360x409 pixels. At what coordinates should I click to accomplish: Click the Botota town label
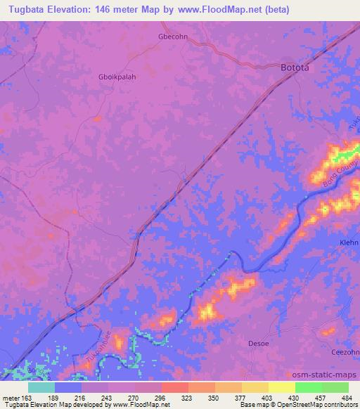[295, 68]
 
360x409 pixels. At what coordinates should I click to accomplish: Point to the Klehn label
[348, 242]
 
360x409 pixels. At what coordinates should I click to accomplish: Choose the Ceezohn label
[345, 352]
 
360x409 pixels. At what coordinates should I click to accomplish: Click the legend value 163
[27, 397]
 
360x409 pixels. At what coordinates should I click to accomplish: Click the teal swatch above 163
[41, 387]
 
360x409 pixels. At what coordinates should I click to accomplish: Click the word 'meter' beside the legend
[10, 397]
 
